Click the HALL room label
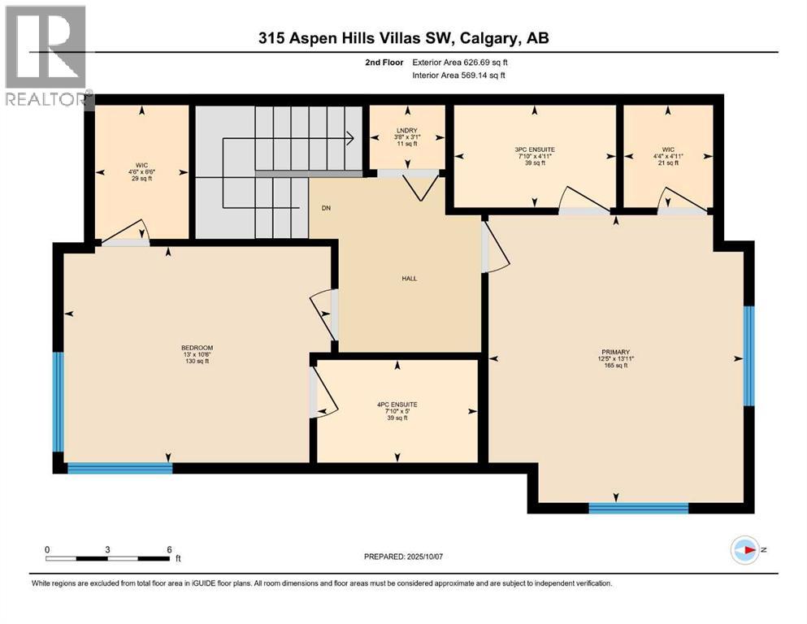(x=409, y=278)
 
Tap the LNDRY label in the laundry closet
(x=407, y=130)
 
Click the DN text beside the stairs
(x=325, y=208)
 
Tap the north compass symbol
(x=745, y=549)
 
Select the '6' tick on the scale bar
(x=167, y=548)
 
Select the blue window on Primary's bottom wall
(x=638, y=509)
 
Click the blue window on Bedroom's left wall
(x=58, y=401)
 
